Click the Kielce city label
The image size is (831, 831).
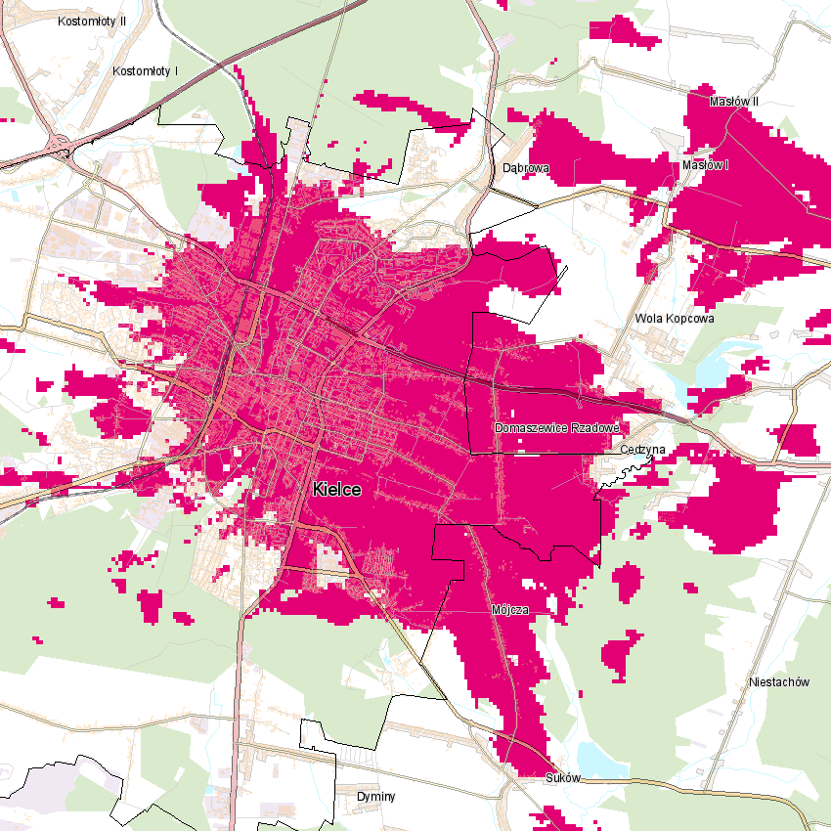(x=337, y=490)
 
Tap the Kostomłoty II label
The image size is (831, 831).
(x=92, y=21)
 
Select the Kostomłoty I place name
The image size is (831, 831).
(x=145, y=71)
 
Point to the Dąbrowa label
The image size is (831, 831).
(x=526, y=168)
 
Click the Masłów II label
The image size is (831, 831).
(x=734, y=102)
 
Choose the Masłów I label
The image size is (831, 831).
(x=707, y=164)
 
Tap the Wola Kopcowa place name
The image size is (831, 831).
(x=675, y=319)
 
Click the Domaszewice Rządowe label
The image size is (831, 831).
(x=557, y=428)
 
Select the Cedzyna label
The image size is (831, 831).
(x=643, y=450)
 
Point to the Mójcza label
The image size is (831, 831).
(x=509, y=610)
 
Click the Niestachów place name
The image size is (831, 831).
(x=776, y=681)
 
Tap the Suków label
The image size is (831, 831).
(x=563, y=779)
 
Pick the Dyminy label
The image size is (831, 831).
(x=375, y=797)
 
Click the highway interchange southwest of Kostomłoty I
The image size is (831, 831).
(x=61, y=144)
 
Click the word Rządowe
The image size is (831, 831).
(x=590, y=428)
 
